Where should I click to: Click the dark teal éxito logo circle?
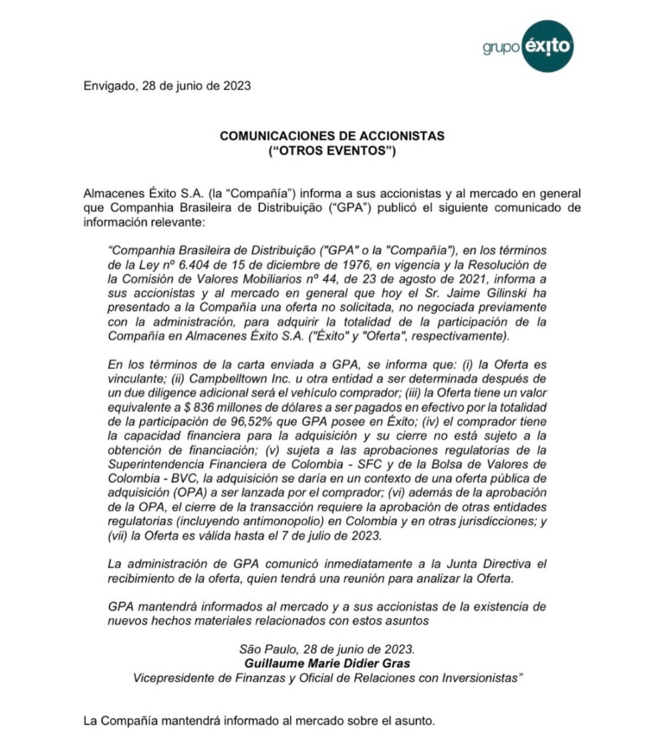click(x=548, y=46)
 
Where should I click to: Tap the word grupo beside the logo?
click(x=501, y=48)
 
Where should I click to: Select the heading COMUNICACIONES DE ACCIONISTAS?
click(x=332, y=136)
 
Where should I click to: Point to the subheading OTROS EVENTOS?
click(x=332, y=151)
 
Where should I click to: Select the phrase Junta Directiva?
click(x=493, y=564)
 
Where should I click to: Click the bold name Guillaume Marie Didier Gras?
click(x=327, y=663)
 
